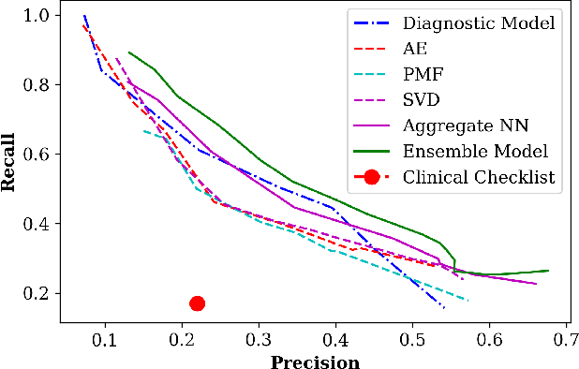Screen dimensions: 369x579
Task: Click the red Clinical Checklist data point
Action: pyautogui.click(x=197, y=303)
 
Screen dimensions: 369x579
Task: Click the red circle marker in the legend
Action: pyautogui.click(x=372, y=177)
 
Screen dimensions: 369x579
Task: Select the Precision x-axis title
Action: pyautogui.click(x=315, y=362)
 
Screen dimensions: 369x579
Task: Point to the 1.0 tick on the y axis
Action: pyautogui.click(x=38, y=16)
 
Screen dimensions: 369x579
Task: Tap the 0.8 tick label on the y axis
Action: pyautogui.click(x=38, y=85)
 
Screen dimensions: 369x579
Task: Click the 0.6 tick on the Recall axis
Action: pyautogui.click(x=38, y=155)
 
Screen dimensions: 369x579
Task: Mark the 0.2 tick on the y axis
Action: pyautogui.click(x=38, y=293)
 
